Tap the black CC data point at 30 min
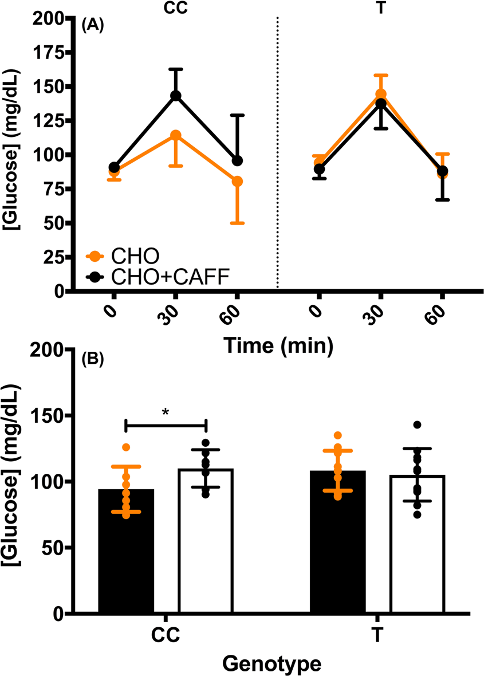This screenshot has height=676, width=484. click(175, 96)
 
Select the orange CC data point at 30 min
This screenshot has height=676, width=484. click(175, 135)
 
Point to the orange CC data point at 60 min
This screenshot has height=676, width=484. click(237, 182)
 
